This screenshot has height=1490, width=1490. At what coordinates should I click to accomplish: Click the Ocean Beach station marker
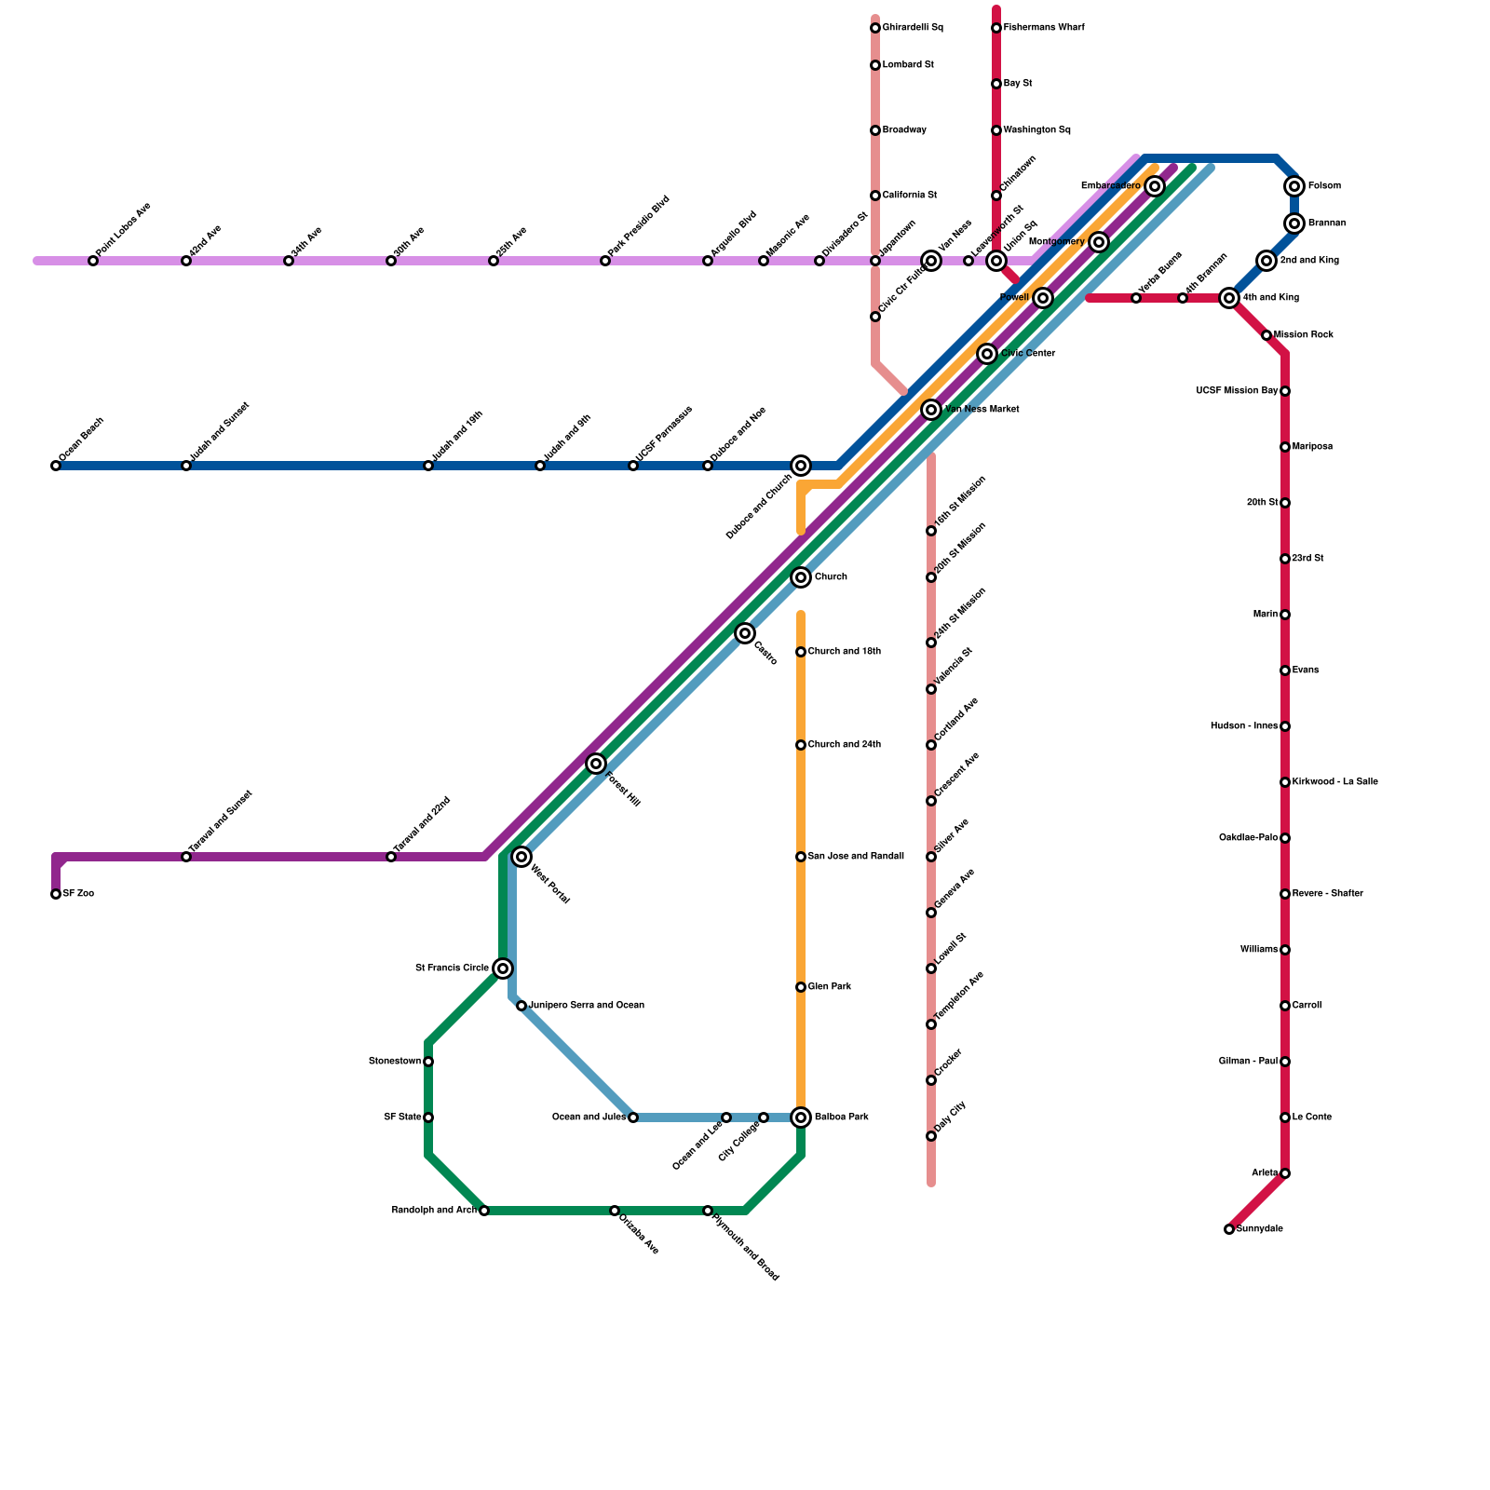pyautogui.click(x=56, y=466)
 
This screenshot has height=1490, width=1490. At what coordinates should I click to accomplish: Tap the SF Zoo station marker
pyautogui.click(x=56, y=894)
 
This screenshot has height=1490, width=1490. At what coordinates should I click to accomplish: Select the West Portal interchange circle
pyautogui.click(x=521, y=857)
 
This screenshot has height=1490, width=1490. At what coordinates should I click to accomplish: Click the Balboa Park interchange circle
pyautogui.click(x=801, y=1117)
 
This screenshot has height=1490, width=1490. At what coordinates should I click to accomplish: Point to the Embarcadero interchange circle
pyautogui.click(x=1155, y=186)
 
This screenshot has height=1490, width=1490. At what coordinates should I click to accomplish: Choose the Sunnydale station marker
pyautogui.click(x=1229, y=1229)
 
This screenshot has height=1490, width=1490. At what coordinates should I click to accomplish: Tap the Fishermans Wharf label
pyautogui.click(x=1044, y=28)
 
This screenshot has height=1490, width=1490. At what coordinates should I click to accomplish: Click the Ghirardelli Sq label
pyautogui.click(x=913, y=28)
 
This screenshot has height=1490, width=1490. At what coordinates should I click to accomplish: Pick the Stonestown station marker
pyautogui.click(x=428, y=1062)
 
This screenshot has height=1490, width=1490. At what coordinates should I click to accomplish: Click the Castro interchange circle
pyautogui.click(x=745, y=633)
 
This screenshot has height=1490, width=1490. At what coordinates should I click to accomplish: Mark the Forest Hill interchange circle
pyautogui.click(x=596, y=764)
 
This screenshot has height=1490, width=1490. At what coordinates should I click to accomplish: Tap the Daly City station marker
pyautogui.click(x=931, y=1136)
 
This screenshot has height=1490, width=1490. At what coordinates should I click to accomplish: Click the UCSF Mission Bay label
pyautogui.click(x=1237, y=391)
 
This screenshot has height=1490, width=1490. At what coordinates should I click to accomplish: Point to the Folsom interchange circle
pyautogui.click(x=1294, y=186)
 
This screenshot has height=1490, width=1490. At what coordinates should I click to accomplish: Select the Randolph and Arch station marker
pyautogui.click(x=484, y=1211)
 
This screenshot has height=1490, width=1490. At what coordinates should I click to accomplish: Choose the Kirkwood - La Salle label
pyautogui.click(x=1335, y=782)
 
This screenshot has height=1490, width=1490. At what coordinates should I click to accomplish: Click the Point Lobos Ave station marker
pyautogui.click(x=93, y=261)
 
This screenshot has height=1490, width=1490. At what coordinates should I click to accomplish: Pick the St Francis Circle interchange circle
pyautogui.click(x=503, y=968)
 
